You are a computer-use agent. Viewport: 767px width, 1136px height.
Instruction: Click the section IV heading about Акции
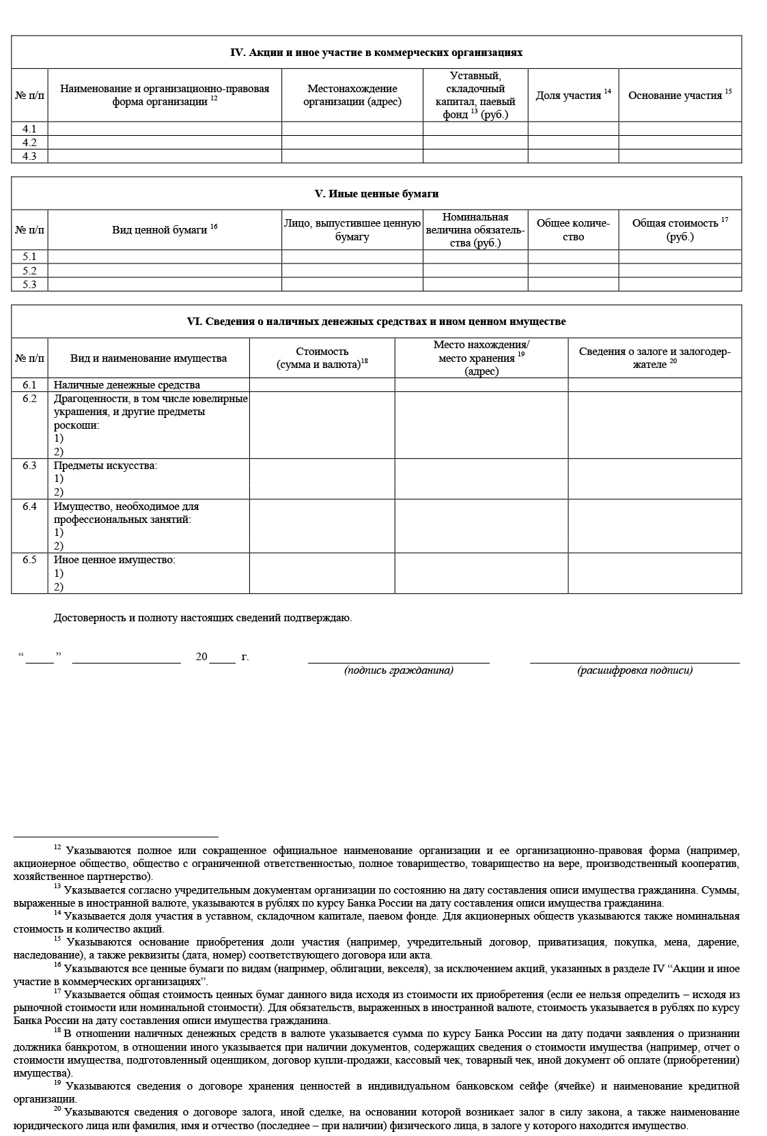click(x=376, y=53)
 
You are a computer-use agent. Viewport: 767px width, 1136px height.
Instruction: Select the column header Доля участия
click(x=569, y=96)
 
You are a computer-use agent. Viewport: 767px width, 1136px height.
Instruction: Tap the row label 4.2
click(x=29, y=143)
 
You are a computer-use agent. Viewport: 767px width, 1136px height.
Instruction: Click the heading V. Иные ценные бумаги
click(x=376, y=194)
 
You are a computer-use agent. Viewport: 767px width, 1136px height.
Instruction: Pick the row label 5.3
click(x=29, y=285)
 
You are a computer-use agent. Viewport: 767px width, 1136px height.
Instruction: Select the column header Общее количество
click(x=573, y=230)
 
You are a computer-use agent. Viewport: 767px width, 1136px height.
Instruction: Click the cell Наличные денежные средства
click(x=127, y=385)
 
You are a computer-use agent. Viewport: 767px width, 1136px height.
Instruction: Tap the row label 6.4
click(x=29, y=507)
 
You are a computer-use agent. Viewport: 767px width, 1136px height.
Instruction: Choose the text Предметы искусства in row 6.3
click(x=105, y=466)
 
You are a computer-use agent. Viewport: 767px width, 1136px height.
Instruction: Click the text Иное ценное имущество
click(x=115, y=560)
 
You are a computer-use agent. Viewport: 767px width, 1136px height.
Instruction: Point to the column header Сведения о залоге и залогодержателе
click(x=654, y=358)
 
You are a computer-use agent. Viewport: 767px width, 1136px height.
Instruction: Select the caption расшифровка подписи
click(x=634, y=670)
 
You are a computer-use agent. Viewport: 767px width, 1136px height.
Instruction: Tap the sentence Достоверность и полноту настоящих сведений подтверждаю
click(x=203, y=618)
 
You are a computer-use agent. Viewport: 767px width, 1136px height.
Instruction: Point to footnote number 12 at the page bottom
click(x=57, y=847)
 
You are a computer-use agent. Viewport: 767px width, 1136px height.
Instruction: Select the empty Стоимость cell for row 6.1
click(x=322, y=385)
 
